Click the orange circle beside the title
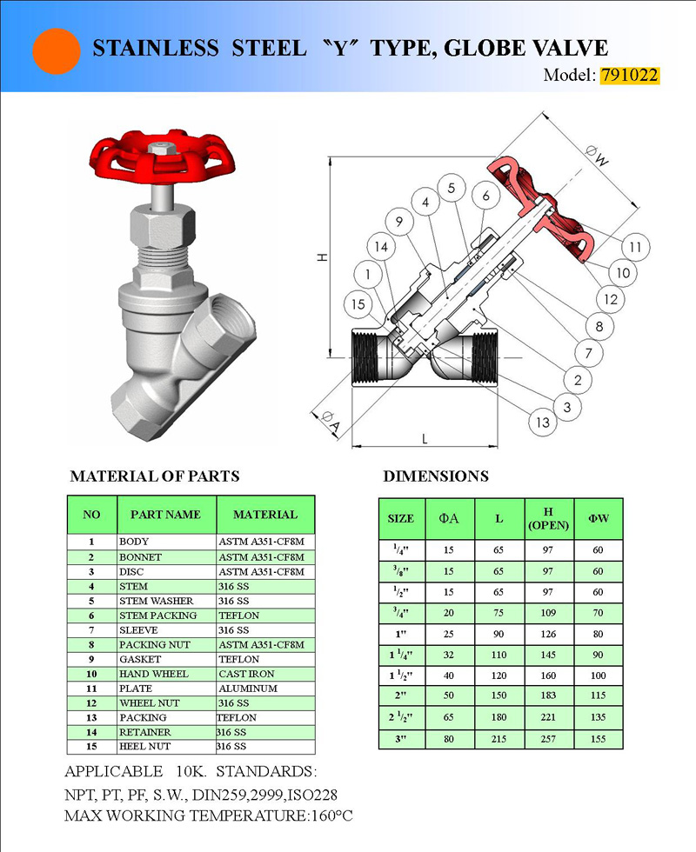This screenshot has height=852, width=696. (57, 50)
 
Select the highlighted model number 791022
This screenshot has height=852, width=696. (629, 75)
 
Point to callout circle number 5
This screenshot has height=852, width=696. (451, 187)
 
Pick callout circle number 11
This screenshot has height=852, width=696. (636, 247)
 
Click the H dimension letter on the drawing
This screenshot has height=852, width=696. (321, 257)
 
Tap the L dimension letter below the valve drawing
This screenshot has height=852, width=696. (425, 439)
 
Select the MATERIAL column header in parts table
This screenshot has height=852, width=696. (265, 515)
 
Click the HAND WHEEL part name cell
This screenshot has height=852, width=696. (153, 674)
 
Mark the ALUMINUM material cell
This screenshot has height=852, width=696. (247, 689)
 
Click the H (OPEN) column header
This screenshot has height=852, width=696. (548, 518)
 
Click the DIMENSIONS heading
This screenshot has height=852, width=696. (435, 476)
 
